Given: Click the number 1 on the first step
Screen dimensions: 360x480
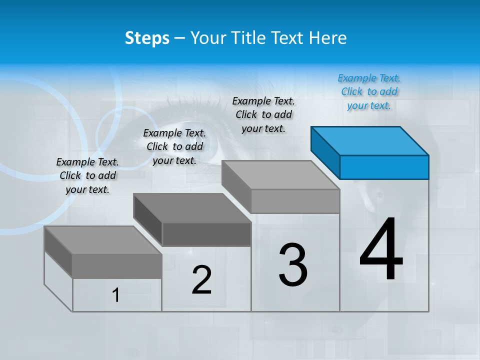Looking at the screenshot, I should click(x=116, y=295).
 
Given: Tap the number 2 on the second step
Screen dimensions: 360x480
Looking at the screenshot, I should click(x=201, y=280).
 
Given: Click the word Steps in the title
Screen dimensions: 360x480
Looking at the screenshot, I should click(x=147, y=38).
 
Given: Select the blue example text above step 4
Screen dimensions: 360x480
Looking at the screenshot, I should click(x=369, y=92).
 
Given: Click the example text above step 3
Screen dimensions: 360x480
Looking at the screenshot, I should click(x=263, y=114).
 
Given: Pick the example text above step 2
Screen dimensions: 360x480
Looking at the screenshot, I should click(x=174, y=146).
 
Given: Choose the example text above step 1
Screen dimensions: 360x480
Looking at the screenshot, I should click(x=87, y=175).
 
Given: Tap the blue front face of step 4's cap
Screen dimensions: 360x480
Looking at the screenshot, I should click(x=384, y=167).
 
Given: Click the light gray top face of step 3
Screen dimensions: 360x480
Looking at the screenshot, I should click(x=280, y=175).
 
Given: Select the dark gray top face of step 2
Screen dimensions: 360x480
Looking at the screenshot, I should click(x=192, y=208).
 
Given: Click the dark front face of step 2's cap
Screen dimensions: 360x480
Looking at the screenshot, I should click(x=206, y=234).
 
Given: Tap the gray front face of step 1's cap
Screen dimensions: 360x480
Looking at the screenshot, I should click(x=117, y=266).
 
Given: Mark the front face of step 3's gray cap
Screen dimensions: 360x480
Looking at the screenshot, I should click(x=295, y=201).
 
